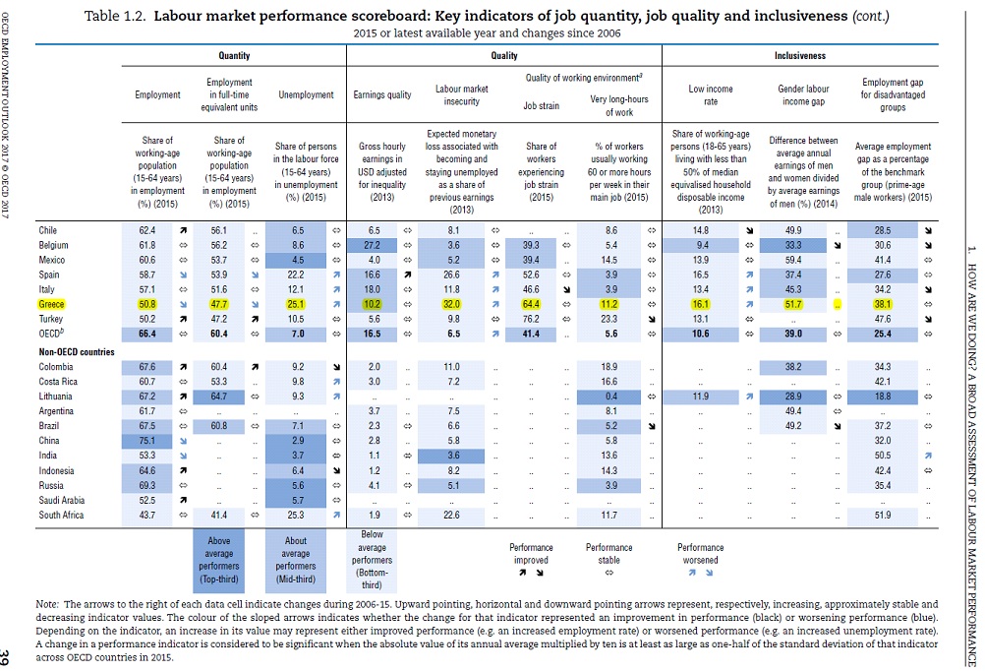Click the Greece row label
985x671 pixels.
click(x=51, y=306)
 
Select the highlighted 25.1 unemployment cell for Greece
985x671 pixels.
click(x=296, y=306)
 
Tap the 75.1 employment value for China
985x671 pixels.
click(x=148, y=442)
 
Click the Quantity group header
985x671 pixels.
click(x=233, y=56)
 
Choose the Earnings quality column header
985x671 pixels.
click(x=381, y=95)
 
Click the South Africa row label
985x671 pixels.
click(x=63, y=515)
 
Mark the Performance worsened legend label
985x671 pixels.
click(x=700, y=553)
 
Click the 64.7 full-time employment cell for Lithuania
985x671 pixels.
click(x=219, y=396)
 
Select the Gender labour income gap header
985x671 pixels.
click(x=803, y=94)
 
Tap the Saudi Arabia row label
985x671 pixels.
click(x=62, y=501)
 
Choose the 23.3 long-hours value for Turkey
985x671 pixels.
click(x=609, y=321)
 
